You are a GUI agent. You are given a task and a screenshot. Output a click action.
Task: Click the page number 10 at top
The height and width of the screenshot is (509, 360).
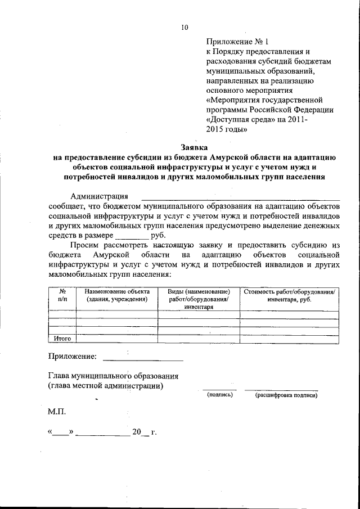click(185, 26)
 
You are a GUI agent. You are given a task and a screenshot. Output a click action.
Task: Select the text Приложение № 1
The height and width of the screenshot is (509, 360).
click(238, 41)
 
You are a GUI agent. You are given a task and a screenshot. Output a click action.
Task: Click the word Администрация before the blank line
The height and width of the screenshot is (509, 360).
click(98, 196)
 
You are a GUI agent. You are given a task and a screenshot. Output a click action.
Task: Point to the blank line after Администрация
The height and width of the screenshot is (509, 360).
click(240, 198)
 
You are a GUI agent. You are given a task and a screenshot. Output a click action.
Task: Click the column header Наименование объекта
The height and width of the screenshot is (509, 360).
click(117, 296)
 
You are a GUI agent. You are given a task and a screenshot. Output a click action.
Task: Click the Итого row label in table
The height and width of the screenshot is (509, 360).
click(62, 339)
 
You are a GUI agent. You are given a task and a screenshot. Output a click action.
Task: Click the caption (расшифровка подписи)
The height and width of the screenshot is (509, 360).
click(286, 395)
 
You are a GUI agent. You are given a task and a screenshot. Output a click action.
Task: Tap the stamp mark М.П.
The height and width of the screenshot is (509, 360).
click(57, 412)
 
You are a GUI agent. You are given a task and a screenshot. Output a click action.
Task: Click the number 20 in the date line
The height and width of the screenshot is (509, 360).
click(136, 433)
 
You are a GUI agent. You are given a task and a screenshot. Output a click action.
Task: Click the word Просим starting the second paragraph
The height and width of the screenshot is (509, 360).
click(84, 246)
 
